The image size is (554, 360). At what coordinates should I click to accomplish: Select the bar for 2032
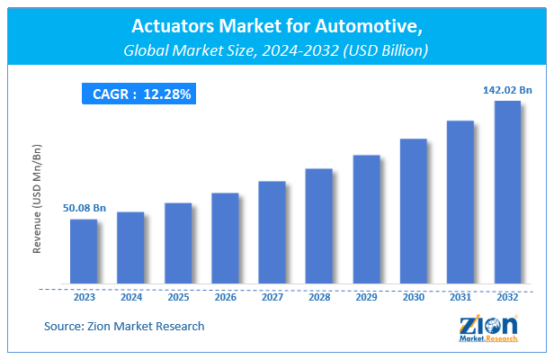pyautogui.click(x=507, y=193)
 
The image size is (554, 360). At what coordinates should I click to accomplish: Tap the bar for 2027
pyautogui.click(x=272, y=233)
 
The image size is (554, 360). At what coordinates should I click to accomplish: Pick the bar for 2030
pyautogui.click(x=413, y=211)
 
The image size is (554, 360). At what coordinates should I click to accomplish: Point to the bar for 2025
pyautogui.click(x=178, y=244)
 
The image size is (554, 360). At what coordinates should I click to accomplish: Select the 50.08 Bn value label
pyautogui.click(x=84, y=208)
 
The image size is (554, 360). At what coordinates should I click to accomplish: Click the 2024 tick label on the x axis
pyautogui.click(x=130, y=296)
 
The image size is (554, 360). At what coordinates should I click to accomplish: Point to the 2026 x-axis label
pyautogui.click(x=225, y=296)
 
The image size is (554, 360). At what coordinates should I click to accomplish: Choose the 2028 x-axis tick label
pyautogui.click(x=319, y=296)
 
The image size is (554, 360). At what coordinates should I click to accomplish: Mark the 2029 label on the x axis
pyautogui.click(x=366, y=296)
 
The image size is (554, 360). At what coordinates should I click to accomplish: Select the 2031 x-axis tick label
pyautogui.click(x=460, y=296)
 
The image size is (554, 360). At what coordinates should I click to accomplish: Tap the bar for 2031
pyautogui.click(x=460, y=202)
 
